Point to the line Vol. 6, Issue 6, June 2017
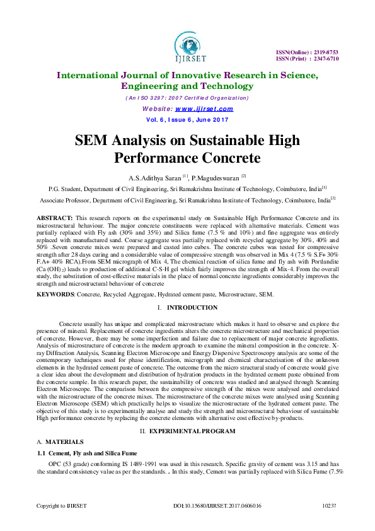(x=187, y=119)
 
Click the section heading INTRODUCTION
(x=192, y=307)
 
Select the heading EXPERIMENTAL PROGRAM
(x=197, y=431)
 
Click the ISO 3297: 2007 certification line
(x=187, y=98)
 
